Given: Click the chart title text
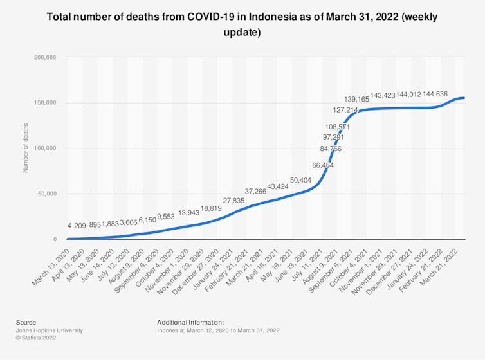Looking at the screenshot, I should coord(243,24).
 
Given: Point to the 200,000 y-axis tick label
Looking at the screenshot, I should coord(46,58).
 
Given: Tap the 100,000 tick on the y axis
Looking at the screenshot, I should coord(46,148).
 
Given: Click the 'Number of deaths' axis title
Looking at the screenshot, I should coord(26,148).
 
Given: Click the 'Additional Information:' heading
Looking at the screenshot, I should coord(190,322).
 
